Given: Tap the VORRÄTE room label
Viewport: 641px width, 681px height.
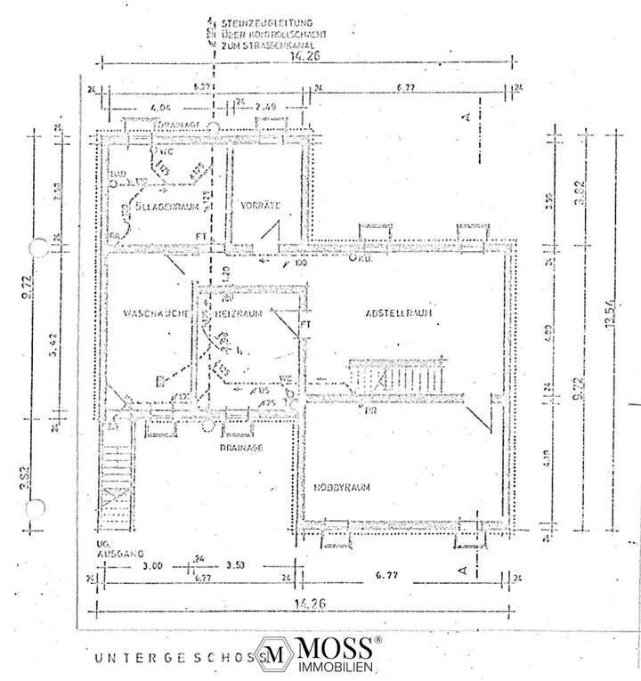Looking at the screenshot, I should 260,206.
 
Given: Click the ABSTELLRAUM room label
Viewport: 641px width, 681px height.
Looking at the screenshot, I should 399,314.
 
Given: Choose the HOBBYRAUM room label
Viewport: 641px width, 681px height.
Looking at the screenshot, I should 341,487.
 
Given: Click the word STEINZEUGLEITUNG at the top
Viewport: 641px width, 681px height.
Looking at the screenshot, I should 262,20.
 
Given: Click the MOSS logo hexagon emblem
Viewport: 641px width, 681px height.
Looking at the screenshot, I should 278,652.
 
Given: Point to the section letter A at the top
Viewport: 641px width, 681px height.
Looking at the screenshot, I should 464,116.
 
